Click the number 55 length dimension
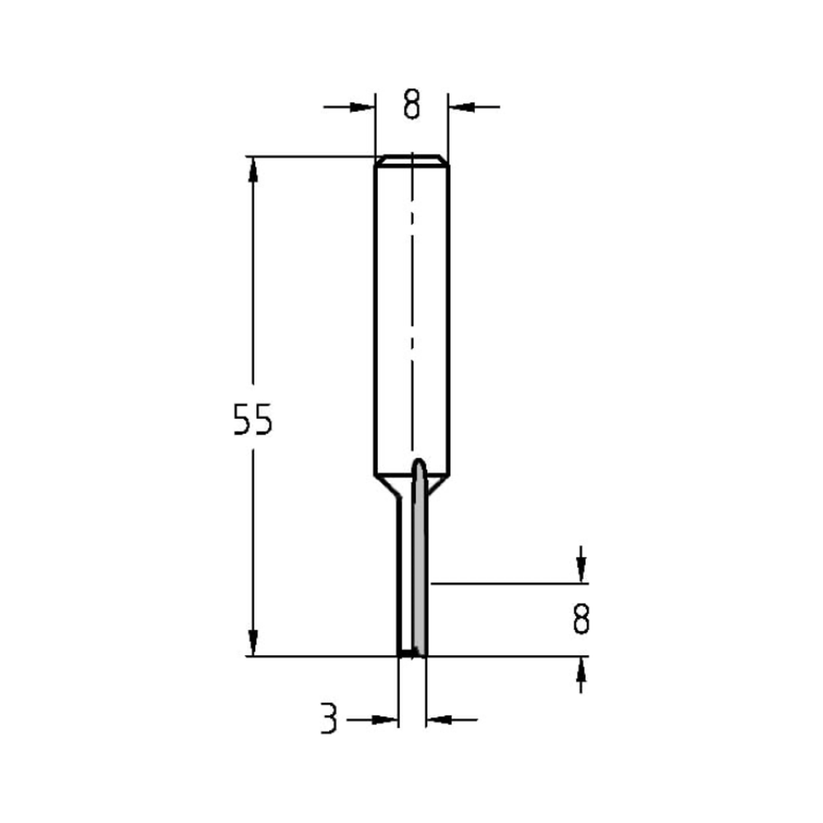(x=252, y=421)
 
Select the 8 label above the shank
(x=412, y=105)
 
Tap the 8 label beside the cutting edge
(x=581, y=619)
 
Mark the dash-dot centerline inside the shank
(x=411, y=313)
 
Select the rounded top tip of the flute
(x=419, y=464)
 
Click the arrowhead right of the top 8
(x=460, y=106)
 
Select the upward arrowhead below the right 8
(x=582, y=670)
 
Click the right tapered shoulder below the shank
(x=438, y=485)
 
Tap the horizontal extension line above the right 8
(x=510, y=584)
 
